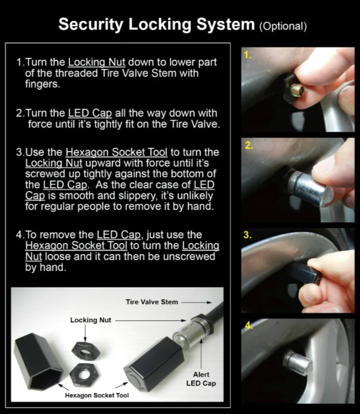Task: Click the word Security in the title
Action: pos(91,25)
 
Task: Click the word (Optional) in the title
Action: pos(283,26)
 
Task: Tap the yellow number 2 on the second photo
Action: pos(249,146)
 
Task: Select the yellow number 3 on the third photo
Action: pos(247,235)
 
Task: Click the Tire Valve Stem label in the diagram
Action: pos(152,302)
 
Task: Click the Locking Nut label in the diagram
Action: pos(90,320)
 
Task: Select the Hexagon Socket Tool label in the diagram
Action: pos(97,395)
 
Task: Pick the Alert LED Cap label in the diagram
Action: pos(201,379)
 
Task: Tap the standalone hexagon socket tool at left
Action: pos(39,362)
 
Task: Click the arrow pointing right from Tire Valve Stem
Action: pos(196,302)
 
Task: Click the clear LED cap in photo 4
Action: pos(297,362)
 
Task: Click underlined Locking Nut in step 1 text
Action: pos(96,63)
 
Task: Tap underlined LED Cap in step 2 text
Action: pos(90,113)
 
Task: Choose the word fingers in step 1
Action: pos(42,84)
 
